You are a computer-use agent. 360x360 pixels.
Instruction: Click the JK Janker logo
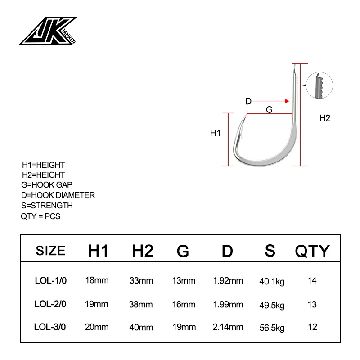(48, 31)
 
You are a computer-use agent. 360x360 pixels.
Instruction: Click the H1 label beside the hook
(215, 133)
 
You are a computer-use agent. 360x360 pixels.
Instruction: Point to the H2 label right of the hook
(324, 118)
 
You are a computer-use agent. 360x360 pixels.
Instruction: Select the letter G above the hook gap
(269, 109)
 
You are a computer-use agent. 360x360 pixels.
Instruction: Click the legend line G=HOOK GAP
(47, 185)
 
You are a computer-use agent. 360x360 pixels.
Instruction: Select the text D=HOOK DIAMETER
(58, 195)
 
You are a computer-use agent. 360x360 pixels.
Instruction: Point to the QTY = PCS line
(40, 216)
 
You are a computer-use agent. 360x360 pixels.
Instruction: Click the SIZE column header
(50, 251)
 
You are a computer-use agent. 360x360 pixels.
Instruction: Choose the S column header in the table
(270, 250)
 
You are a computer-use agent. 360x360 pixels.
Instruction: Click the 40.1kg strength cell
(272, 282)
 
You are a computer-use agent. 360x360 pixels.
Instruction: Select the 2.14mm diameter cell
(228, 327)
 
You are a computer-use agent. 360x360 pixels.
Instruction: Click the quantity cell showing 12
(312, 327)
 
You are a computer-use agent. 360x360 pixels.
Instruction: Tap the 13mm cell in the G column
(184, 281)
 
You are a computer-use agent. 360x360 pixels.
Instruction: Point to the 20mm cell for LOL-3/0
(97, 327)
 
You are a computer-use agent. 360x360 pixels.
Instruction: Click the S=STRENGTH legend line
(47, 206)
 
